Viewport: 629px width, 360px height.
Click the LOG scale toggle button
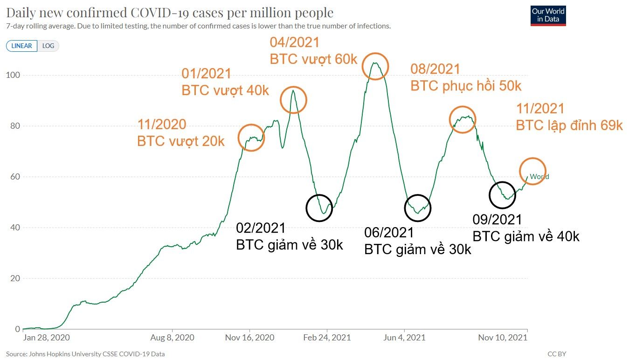click(x=48, y=46)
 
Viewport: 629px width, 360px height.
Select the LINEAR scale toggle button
click(x=21, y=46)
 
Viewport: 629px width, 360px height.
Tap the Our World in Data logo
click(x=548, y=15)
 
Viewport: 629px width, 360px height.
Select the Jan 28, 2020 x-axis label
click(x=46, y=338)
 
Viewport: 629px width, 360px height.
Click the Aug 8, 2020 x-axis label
click(x=172, y=338)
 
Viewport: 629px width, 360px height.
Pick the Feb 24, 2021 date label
click(x=328, y=338)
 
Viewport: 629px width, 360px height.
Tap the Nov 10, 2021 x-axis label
click(x=503, y=338)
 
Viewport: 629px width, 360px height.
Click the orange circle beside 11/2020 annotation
click(x=251, y=138)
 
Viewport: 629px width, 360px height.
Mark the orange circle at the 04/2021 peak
click(x=375, y=66)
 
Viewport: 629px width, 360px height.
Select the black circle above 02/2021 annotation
click(x=319, y=208)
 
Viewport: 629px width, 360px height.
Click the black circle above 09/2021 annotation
click(x=502, y=195)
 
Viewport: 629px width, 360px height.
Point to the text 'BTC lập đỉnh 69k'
click(x=569, y=125)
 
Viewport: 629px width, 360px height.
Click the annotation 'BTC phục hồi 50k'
click(x=465, y=86)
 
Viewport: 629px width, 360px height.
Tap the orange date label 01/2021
click(x=206, y=74)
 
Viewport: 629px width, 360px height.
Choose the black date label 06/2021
click(x=389, y=232)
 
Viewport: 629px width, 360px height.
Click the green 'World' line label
click(x=539, y=177)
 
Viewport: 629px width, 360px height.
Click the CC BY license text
click(x=557, y=354)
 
